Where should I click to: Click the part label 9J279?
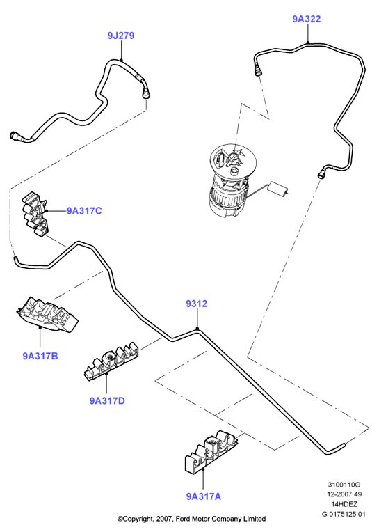coord(121,36)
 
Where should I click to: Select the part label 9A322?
coord(307,19)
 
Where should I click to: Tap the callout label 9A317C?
coord(84,211)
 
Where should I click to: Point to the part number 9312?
coord(196,304)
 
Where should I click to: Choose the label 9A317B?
coord(40,356)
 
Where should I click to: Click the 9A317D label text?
coord(107,400)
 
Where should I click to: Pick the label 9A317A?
coord(204,496)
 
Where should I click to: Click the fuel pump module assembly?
coord(231,181)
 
